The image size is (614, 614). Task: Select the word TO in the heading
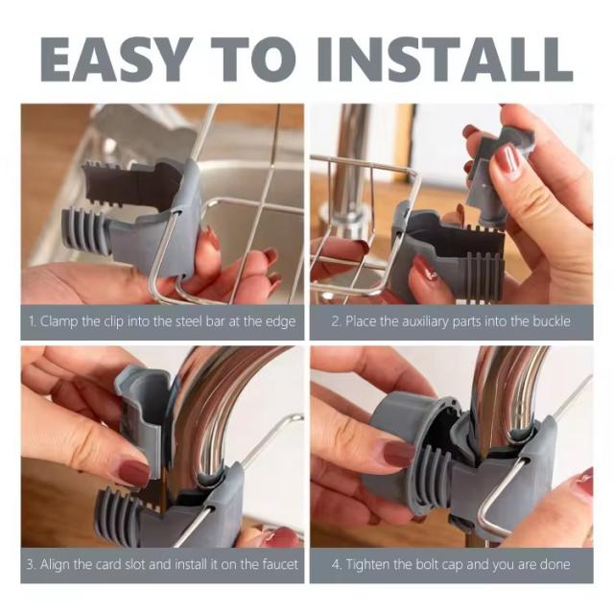tap(254, 59)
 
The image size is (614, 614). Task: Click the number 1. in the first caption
tap(33, 321)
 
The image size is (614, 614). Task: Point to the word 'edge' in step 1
tap(280, 322)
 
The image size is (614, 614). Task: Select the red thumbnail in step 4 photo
tap(396, 454)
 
